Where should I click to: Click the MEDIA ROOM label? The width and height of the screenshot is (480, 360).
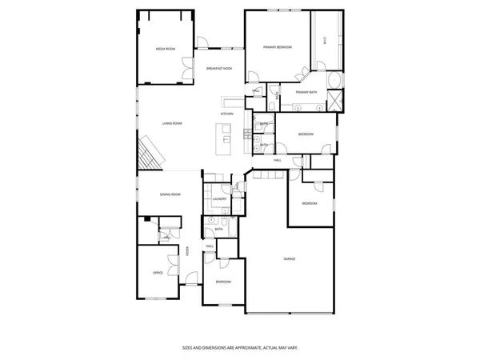click(x=165, y=50)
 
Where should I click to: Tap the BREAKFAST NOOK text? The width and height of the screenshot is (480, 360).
click(x=219, y=69)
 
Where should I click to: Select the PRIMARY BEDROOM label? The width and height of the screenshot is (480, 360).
click(x=278, y=48)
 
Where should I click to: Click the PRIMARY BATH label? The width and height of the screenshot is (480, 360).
click(x=306, y=93)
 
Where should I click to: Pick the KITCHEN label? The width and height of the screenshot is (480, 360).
click(x=227, y=114)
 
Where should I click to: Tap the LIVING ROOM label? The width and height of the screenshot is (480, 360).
click(x=172, y=123)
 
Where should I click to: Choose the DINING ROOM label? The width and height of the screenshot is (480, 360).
click(x=170, y=194)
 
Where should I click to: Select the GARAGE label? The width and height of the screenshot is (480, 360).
click(x=290, y=258)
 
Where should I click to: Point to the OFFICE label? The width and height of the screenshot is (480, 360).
click(x=158, y=274)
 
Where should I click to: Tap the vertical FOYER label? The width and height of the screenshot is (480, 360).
click(x=189, y=251)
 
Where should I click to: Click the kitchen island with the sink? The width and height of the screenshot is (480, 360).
click(x=226, y=138)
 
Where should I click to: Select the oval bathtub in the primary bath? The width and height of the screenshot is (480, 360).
click(x=334, y=81)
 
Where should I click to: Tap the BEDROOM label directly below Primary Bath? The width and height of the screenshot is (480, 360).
click(x=306, y=134)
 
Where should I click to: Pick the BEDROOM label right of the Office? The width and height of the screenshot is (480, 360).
click(x=223, y=282)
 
